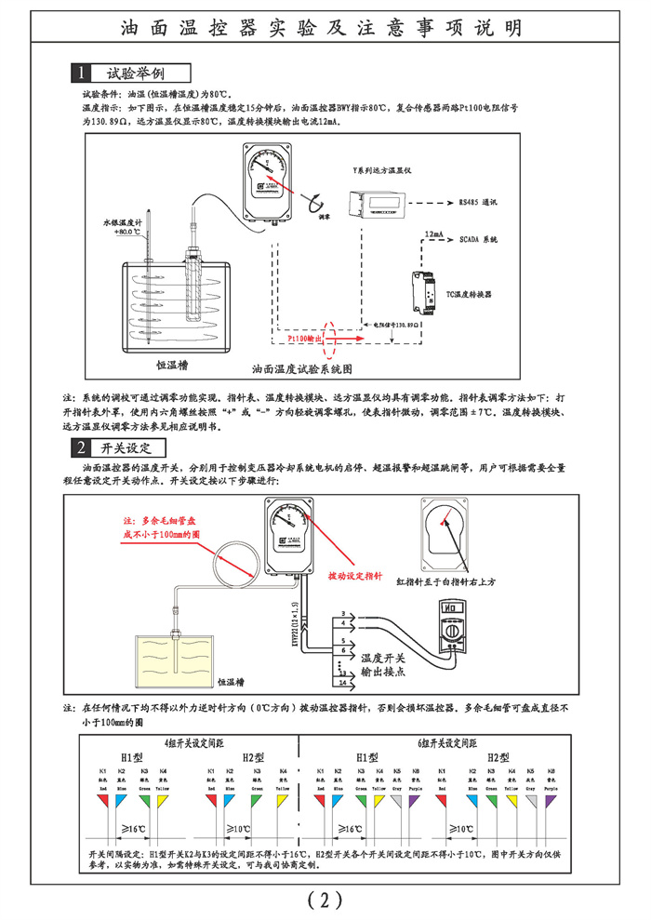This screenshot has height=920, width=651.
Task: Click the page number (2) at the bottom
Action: (x=325, y=898)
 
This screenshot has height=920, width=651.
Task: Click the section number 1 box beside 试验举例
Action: (x=83, y=73)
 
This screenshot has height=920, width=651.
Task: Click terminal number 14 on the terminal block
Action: (x=345, y=683)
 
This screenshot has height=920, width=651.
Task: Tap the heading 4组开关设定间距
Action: (x=191, y=744)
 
